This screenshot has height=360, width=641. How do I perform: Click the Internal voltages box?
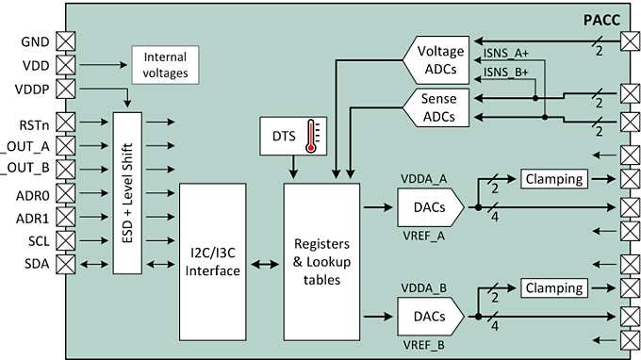pos(164,64)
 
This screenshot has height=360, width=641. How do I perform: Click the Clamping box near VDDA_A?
pos(553,177)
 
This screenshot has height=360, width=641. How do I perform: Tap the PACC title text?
pos(600,19)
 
